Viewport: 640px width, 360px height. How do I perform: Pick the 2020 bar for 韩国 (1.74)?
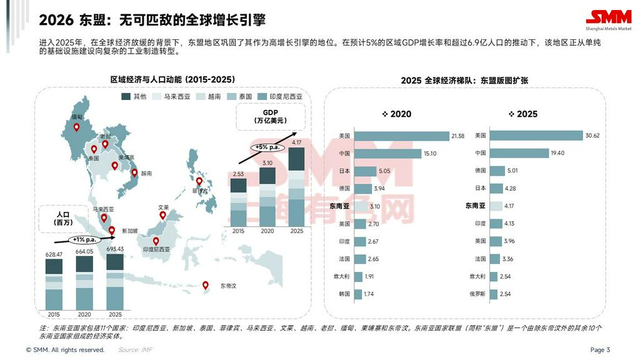tap(358, 294)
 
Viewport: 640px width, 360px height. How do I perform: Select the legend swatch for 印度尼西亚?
tap(263, 96)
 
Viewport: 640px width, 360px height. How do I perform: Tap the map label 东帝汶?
tap(229, 286)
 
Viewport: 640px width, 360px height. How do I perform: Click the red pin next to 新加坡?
tap(112, 231)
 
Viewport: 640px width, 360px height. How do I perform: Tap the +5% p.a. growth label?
tap(266, 147)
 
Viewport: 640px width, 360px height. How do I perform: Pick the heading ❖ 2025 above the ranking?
tap(524, 114)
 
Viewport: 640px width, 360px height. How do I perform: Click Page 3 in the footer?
tap(599, 350)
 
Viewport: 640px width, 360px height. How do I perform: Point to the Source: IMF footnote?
tap(134, 350)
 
